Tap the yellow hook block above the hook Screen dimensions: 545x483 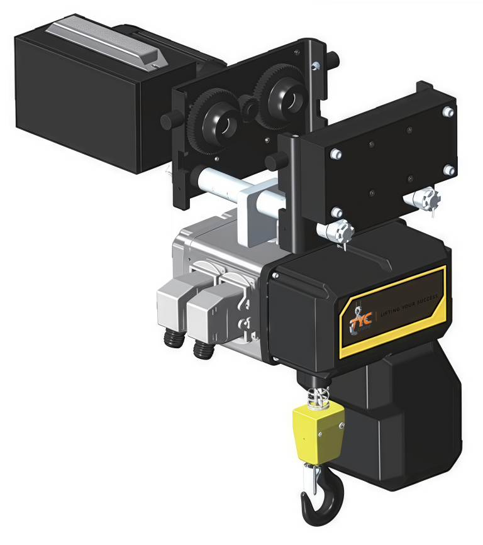coord(319,431)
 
